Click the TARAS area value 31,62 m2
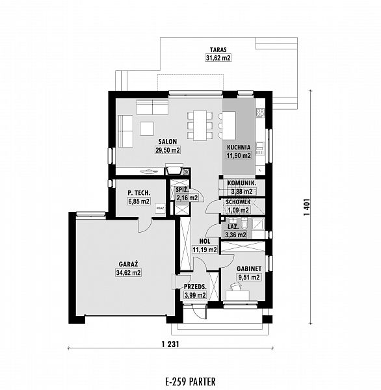[x=218, y=58]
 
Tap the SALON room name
[x=168, y=142]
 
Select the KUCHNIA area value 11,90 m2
[x=239, y=156]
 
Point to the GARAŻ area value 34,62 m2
[x=129, y=272]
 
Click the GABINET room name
[x=249, y=269]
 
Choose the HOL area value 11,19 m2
[x=205, y=250]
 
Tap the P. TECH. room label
[x=139, y=193]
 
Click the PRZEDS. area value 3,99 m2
[x=195, y=295]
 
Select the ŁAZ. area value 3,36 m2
[x=235, y=235]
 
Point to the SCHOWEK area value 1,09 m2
[x=238, y=211]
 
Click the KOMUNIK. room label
[x=242, y=183]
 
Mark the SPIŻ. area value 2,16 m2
[x=187, y=198]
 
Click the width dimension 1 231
[x=170, y=344]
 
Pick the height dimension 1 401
[x=307, y=207]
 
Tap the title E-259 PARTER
[x=190, y=382]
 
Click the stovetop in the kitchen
[x=261, y=112]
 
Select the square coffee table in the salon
[x=147, y=128]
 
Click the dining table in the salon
[x=200, y=125]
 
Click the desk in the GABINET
[x=238, y=296]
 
